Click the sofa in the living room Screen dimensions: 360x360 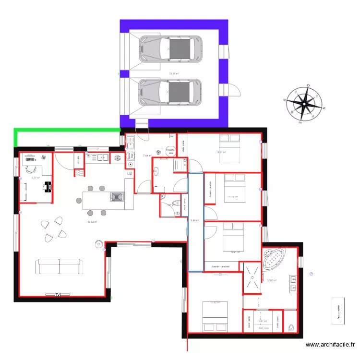[59, 266]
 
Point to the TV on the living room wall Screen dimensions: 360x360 [58, 294]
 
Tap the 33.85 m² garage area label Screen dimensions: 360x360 [174, 74]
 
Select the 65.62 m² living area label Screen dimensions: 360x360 [92, 222]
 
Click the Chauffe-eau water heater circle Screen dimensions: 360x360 [170, 151]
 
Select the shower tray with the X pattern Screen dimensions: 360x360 [251, 277]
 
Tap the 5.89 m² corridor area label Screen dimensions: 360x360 [194, 221]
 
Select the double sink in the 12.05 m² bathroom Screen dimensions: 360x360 [292, 283]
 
